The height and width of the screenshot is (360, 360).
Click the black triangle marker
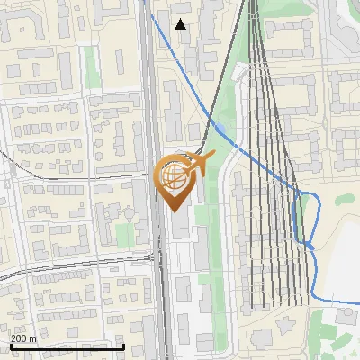(x=181, y=24)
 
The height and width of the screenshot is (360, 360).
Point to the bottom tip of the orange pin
(x=173, y=212)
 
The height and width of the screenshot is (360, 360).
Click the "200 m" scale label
(x=23, y=337)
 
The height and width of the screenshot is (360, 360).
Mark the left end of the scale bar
(x=10, y=346)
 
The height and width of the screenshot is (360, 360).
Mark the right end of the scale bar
(x=124, y=346)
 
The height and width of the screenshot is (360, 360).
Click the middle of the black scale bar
(x=67, y=346)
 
